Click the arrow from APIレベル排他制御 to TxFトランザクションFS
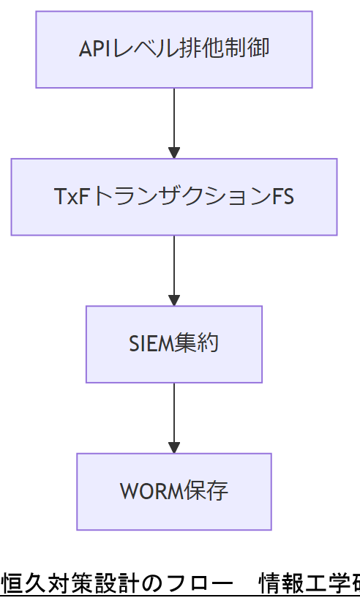point(174,121)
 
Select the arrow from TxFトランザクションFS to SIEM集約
point(174,268)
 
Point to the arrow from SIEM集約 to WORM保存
point(174,415)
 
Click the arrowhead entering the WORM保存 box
point(174,447)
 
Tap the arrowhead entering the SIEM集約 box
point(174,300)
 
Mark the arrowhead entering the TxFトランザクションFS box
point(174,152)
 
